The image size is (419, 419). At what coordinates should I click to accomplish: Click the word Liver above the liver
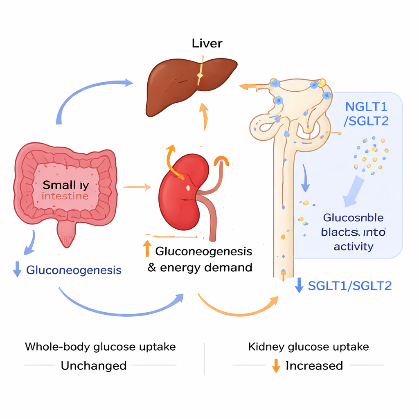207,44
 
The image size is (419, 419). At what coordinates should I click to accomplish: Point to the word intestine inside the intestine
65,196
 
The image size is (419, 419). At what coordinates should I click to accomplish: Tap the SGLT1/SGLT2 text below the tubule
350,286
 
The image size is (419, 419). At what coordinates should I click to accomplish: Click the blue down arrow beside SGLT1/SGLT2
299,285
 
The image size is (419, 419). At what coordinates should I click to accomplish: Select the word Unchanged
94,365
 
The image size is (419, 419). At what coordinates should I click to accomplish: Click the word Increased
314,365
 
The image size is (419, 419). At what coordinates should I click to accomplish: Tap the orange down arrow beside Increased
276,365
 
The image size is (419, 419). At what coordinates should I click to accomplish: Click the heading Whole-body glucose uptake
100,347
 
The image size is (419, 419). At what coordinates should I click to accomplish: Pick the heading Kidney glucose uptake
309,347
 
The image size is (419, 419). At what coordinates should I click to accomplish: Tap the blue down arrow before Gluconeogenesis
17,270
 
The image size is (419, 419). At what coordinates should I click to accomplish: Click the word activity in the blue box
354,246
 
